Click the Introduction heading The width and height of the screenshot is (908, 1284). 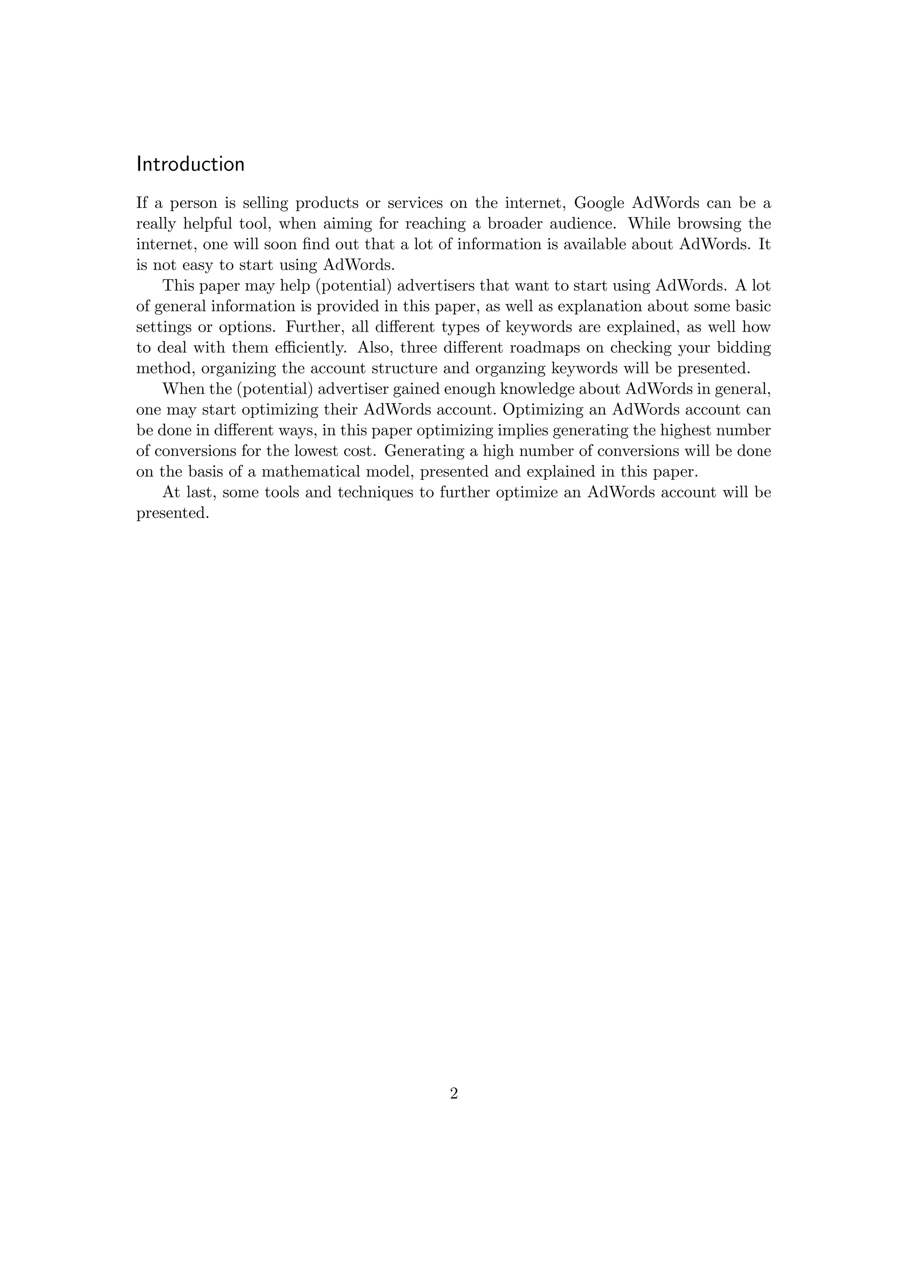coord(190,164)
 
